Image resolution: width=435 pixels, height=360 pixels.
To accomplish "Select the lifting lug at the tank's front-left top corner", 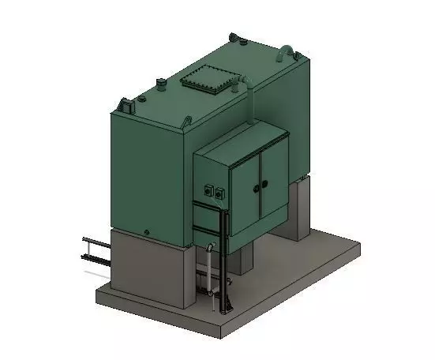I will pyautogui.click(x=126, y=103).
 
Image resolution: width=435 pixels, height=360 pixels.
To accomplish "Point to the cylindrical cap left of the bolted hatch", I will pyautogui.click(x=161, y=84).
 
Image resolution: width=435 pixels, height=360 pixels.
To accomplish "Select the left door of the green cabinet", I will pyautogui.click(x=244, y=189).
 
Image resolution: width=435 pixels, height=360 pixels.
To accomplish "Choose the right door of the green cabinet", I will pyautogui.click(x=273, y=181).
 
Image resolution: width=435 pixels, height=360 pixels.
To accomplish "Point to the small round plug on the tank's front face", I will pyautogui.click(x=147, y=232).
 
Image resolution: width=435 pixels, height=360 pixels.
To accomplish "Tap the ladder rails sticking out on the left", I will pyautogui.click(x=95, y=251).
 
